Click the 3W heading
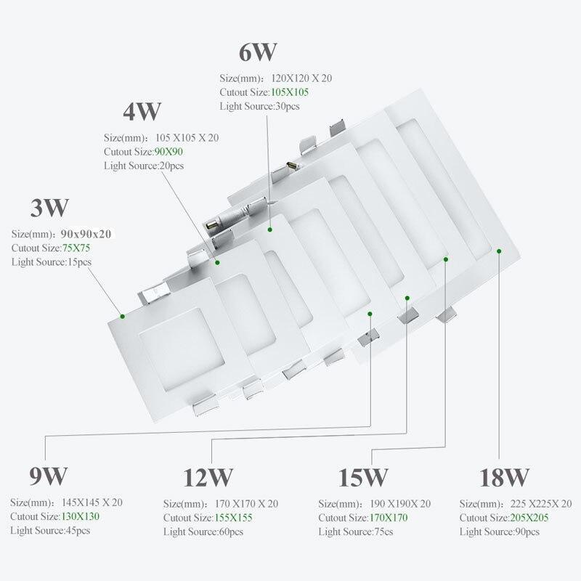click(49, 208)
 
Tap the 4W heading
click(142, 111)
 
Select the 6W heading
click(258, 52)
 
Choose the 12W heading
click(208, 477)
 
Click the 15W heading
click(363, 477)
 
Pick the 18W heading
click(504, 477)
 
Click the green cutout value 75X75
click(76, 248)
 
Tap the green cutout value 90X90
click(168, 152)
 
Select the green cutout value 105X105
click(290, 92)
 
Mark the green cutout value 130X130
click(81, 516)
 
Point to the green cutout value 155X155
click(233, 517)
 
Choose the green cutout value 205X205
click(529, 517)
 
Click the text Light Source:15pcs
click(52, 262)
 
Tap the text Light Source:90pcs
click(500, 532)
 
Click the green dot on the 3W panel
click(122, 317)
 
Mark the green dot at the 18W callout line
click(499, 251)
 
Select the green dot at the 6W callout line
click(270, 229)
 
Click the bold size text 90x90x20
click(86, 234)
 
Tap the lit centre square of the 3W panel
click(182, 349)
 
